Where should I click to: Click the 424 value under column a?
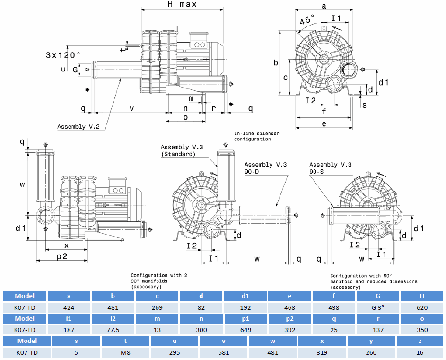(69, 308)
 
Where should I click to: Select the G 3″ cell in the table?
(378, 308)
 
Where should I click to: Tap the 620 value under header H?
(422, 308)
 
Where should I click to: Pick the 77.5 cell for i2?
(113, 330)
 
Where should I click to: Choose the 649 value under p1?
(245, 330)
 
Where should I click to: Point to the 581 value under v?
(224, 352)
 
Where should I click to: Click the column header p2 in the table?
(290, 318)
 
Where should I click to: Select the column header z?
(420, 341)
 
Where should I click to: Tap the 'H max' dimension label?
(182, 5)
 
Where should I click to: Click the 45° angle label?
(307, 20)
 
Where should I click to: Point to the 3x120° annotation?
(63, 55)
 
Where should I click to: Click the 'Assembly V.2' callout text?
(78, 127)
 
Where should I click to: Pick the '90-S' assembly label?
(318, 172)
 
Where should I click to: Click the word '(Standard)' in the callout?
(178, 154)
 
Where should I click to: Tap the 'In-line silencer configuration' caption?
(256, 136)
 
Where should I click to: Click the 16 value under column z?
(420, 352)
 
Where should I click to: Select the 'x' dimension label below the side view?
(66, 246)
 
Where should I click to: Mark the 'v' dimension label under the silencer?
(131, 108)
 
